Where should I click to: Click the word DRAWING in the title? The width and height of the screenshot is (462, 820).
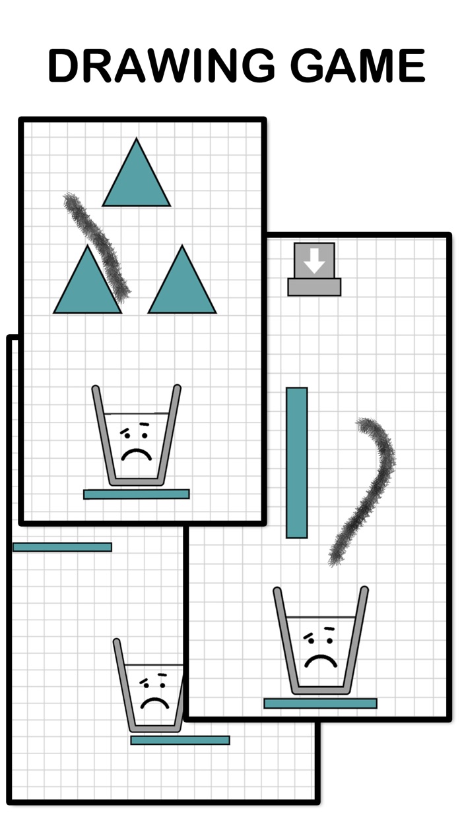tap(161, 65)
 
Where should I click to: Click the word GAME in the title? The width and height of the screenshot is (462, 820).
tap(358, 65)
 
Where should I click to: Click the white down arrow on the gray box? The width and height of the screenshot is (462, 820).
tap(315, 260)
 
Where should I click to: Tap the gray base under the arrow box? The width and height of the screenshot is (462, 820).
tap(314, 287)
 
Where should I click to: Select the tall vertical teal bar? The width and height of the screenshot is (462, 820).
tap(296, 463)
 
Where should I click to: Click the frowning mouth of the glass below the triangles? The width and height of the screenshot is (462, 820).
tap(137, 455)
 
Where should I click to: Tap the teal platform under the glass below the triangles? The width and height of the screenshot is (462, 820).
tap(137, 494)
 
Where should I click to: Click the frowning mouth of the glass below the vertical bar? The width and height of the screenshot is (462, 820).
tap(321, 659)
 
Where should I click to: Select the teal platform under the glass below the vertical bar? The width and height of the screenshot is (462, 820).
tap(321, 703)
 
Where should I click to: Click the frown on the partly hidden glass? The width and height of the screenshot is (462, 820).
tap(154, 703)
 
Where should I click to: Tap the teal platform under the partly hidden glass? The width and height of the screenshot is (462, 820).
tap(180, 740)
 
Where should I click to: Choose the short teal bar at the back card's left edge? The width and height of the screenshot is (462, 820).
tap(62, 547)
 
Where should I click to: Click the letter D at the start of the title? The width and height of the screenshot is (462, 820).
tap(64, 65)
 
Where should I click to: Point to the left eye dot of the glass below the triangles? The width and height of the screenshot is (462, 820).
tap(127, 435)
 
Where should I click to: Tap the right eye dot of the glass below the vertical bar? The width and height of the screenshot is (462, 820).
tap(329, 641)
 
